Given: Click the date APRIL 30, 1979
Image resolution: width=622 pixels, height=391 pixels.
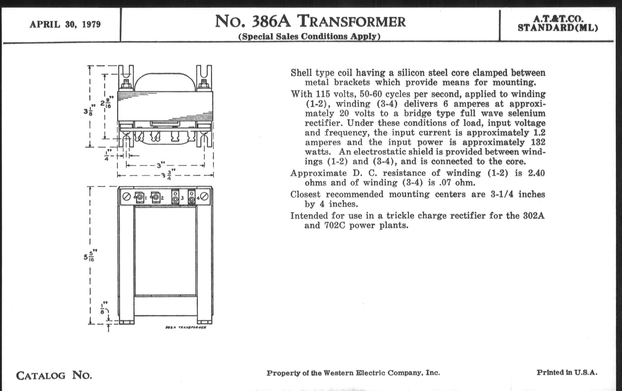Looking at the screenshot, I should [x=65, y=25].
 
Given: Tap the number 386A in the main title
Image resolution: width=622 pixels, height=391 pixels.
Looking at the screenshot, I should [x=271, y=21].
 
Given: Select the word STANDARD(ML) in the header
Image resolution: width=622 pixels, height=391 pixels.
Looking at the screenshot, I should [x=558, y=28].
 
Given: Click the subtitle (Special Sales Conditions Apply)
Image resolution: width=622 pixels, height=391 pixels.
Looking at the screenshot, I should [x=309, y=36].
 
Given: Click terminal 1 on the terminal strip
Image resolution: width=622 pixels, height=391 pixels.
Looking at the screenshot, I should [x=139, y=198].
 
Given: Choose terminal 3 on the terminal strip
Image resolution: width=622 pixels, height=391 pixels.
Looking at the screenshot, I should [x=175, y=197].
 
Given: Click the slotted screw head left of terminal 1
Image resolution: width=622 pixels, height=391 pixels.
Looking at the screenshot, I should [x=126, y=197].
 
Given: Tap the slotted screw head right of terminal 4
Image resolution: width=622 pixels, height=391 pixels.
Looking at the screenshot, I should [x=205, y=197].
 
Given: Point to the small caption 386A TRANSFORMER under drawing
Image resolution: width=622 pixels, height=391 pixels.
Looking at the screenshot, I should [x=185, y=328].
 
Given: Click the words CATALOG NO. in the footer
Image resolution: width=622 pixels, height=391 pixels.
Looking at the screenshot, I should [x=54, y=375].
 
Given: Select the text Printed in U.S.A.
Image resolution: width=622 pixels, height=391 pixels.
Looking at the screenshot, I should [x=567, y=372].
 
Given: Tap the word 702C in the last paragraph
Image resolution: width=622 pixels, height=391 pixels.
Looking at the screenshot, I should [x=335, y=226].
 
